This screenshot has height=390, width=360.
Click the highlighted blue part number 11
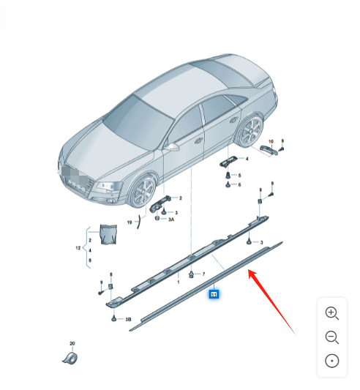click(x=214, y=294)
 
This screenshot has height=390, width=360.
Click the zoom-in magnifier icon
click(x=331, y=313)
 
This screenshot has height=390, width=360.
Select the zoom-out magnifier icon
click(x=331, y=337)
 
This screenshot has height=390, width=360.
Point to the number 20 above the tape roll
click(x=72, y=344)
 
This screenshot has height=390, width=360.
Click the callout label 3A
click(x=170, y=219)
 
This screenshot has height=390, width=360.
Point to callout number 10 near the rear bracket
click(x=270, y=140)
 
